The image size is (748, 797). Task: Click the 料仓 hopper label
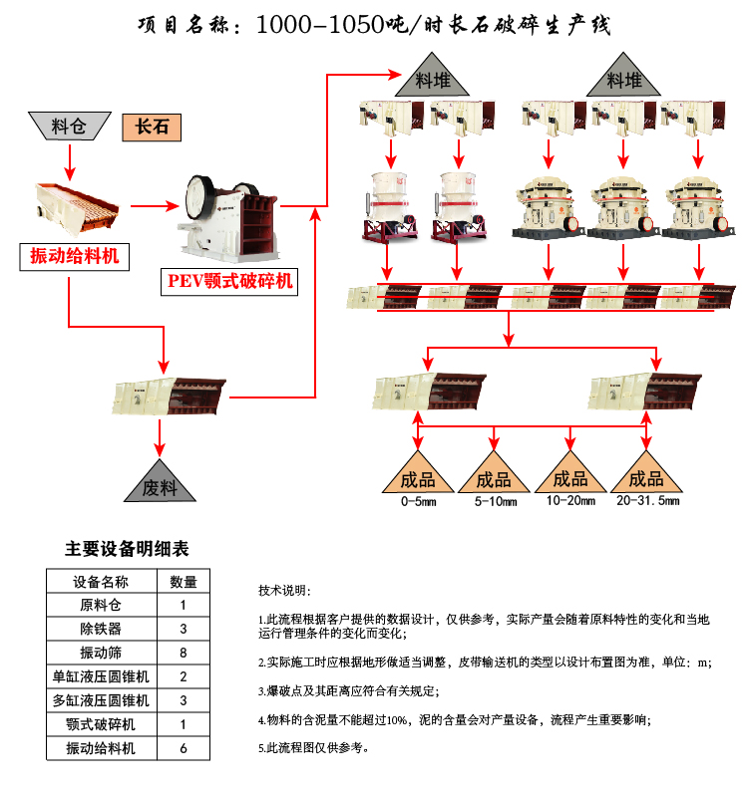(68, 127)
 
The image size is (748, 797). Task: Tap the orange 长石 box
(152, 127)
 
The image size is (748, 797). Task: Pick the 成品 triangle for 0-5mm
(418, 474)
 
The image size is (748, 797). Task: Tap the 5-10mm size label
(495, 501)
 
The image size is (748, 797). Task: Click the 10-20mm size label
(570, 500)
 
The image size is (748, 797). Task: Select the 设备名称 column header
(101, 582)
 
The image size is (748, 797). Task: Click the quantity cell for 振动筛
(184, 653)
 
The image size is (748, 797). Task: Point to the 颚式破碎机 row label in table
(101, 724)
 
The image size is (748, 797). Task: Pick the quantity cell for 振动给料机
(184, 748)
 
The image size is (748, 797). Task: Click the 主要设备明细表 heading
(127, 549)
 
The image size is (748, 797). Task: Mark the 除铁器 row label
(101, 629)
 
